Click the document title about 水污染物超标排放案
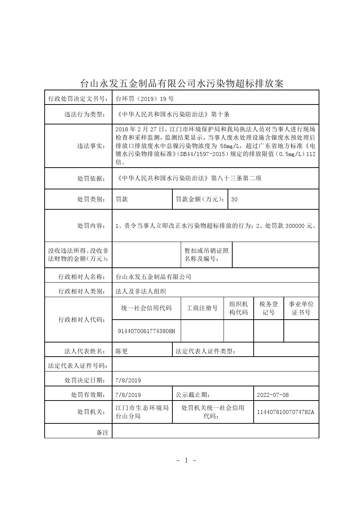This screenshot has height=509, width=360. (181, 83)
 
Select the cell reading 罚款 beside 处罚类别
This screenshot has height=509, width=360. (122, 199)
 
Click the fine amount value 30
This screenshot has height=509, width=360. (234, 199)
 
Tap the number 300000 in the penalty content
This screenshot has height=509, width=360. (295, 226)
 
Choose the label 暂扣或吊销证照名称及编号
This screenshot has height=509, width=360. (206, 255)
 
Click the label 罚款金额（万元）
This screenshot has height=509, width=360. (200, 199)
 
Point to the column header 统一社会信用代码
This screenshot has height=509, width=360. (146, 308)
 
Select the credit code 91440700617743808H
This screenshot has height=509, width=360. (147, 331)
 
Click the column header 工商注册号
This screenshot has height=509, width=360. (202, 308)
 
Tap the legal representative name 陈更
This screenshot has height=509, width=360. (122, 351)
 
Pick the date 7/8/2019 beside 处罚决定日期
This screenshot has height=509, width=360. (128, 380)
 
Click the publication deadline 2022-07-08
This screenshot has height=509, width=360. (273, 395)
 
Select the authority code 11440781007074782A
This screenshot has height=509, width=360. (285, 412)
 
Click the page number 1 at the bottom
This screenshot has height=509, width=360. (187, 461)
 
